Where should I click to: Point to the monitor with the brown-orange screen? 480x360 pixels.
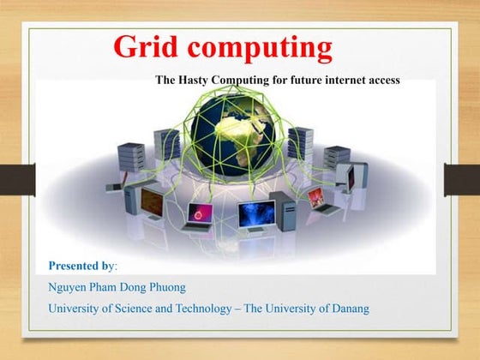pyautogui.click(x=153, y=202)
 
